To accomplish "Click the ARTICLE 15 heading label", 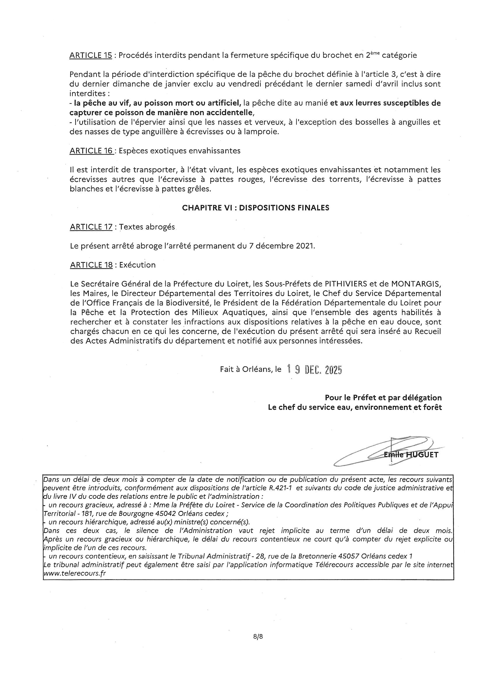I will (x=91, y=56).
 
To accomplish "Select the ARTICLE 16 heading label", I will (x=91, y=151).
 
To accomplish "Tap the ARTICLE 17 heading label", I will (x=91, y=227).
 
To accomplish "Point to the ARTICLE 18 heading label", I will (x=91, y=265).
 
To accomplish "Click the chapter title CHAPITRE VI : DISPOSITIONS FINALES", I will (x=255, y=208).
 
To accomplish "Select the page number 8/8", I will (x=258, y=637).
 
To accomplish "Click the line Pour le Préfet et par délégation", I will (x=383, y=398).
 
